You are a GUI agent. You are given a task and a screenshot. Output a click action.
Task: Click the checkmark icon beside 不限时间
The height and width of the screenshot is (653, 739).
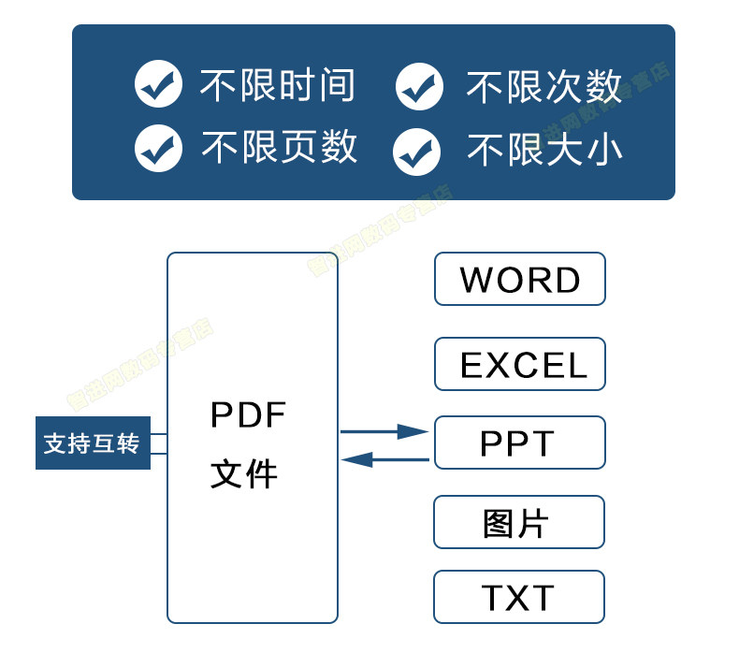click(158, 85)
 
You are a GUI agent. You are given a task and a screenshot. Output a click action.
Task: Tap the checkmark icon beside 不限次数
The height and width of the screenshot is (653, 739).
click(419, 87)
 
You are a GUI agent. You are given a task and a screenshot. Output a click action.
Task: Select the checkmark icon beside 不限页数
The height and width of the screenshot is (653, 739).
click(158, 148)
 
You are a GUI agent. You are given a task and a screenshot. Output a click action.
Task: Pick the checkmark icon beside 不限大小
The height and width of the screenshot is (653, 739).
click(416, 151)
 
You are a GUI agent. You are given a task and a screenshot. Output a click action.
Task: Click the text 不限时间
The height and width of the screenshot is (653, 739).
click(277, 85)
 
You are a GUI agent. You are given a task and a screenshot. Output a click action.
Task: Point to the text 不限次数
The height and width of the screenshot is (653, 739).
click(543, 87)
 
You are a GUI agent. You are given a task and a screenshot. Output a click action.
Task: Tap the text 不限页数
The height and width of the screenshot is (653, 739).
click(279, 147)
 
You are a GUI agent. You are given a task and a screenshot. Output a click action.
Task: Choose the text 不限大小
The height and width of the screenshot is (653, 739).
click(544, 150)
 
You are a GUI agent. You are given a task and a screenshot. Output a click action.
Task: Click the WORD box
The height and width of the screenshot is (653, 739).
click(519, 279)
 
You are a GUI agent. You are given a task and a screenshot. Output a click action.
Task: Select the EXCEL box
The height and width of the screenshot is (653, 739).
click(519, 364)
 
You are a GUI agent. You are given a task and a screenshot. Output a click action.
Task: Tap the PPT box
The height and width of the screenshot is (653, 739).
click(519, 443)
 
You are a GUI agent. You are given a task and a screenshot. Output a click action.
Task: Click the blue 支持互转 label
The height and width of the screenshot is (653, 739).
click(93, 443)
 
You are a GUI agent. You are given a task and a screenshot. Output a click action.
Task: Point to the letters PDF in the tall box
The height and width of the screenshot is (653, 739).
click(248, 414)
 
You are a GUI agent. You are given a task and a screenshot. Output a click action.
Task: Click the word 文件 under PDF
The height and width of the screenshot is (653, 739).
click(244, 473)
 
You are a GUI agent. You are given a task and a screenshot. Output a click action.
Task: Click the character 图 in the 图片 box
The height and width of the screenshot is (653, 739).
click(500, 523)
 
